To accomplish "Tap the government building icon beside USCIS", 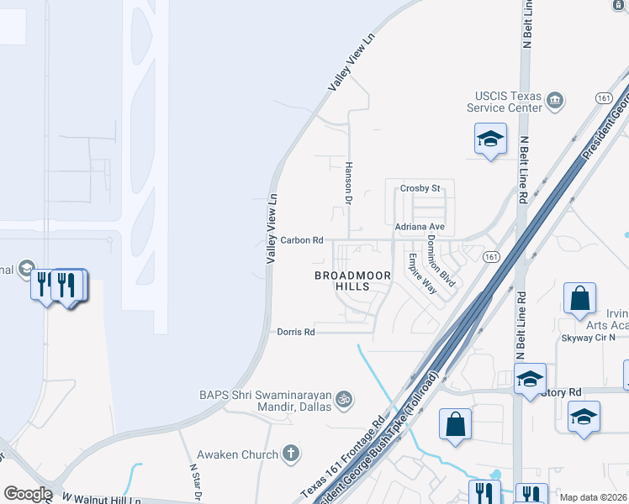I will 554,102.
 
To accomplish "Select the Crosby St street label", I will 420,188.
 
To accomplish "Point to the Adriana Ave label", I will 420,227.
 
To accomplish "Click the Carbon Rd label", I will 302,240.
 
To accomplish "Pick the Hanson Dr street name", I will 348,183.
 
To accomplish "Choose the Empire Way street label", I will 422,273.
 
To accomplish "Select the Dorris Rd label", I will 295,332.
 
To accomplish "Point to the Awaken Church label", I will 238,454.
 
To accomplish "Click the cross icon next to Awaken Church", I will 290,454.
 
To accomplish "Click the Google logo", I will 28,494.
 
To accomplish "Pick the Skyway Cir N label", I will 589,338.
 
